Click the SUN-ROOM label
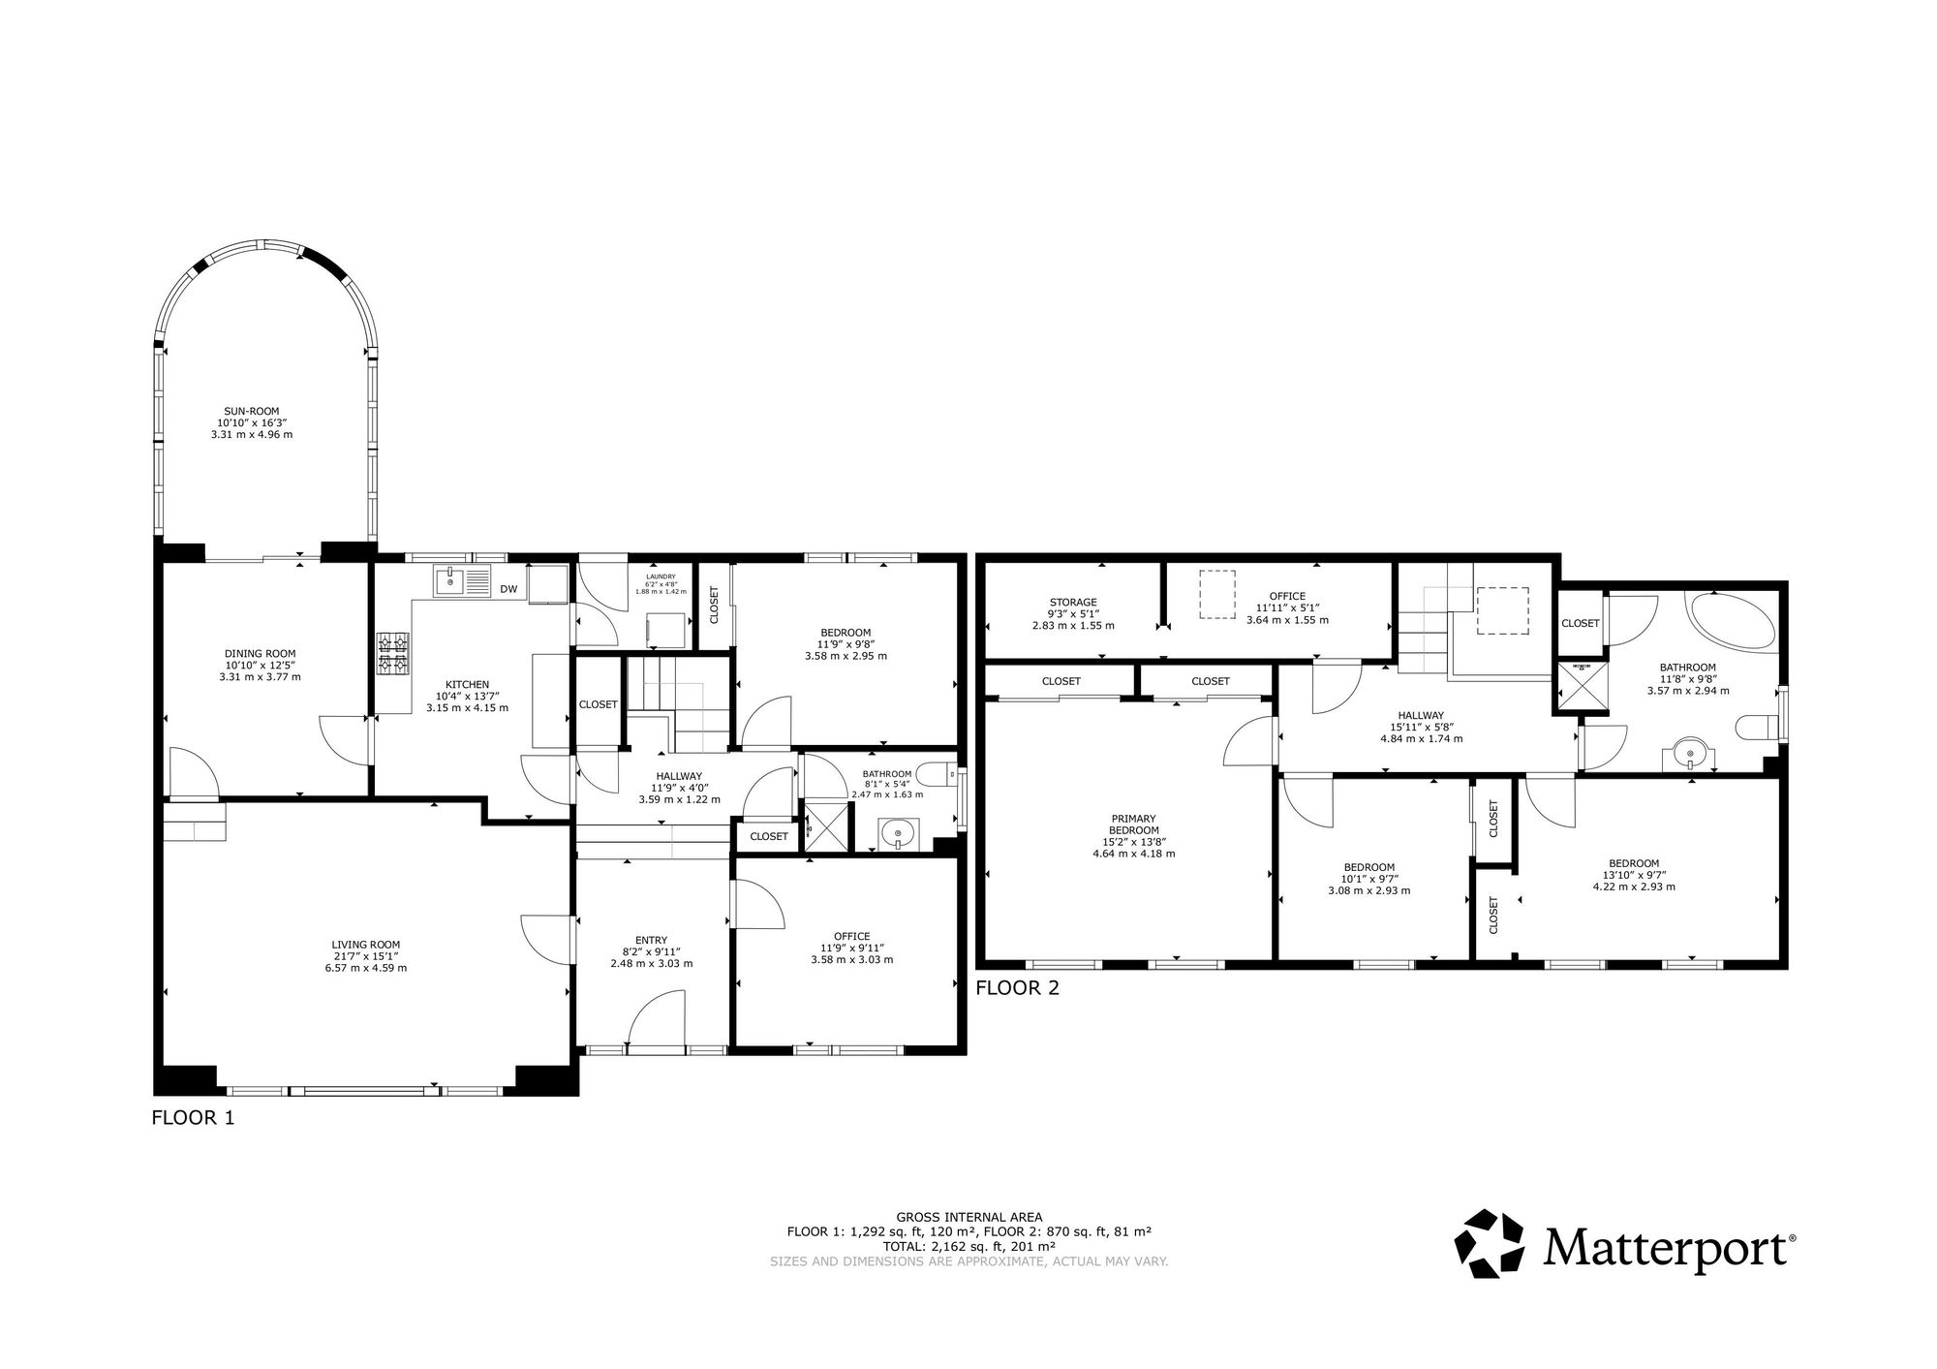[x=251, y=411]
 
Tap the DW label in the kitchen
[x=508, y=589]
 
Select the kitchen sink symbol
[x=451, y=582]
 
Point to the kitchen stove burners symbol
[x=392, y=652]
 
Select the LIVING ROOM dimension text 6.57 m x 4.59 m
[x=365, y=968]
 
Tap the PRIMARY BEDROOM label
[x=1133, y=825]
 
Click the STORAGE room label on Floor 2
[x=1073, y=603]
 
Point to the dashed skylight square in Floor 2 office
[x=1218, y=594]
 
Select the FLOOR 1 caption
[x=194, y=1118]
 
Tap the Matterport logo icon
[x=1489, y=1243]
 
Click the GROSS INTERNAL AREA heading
[x=968, y=1217]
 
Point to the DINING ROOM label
[x=260, y=654]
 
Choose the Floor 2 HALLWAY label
[x=1421, y=716]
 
